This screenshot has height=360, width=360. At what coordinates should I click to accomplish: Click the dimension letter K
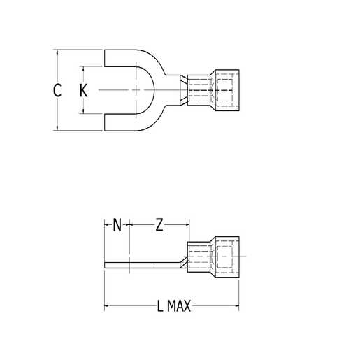(x=83, y=90)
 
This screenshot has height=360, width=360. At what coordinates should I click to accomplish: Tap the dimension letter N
(x=117, y=224)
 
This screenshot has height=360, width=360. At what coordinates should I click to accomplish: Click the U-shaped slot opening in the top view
(x=122, y=90)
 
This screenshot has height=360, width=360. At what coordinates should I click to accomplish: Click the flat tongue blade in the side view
(x=140, y=264)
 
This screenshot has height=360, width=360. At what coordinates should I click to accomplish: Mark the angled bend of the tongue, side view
(x=182, y=260)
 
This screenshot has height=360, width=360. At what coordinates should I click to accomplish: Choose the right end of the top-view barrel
(x=238, y=90)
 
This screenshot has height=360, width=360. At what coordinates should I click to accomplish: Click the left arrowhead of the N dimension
(x=107, y=224)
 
